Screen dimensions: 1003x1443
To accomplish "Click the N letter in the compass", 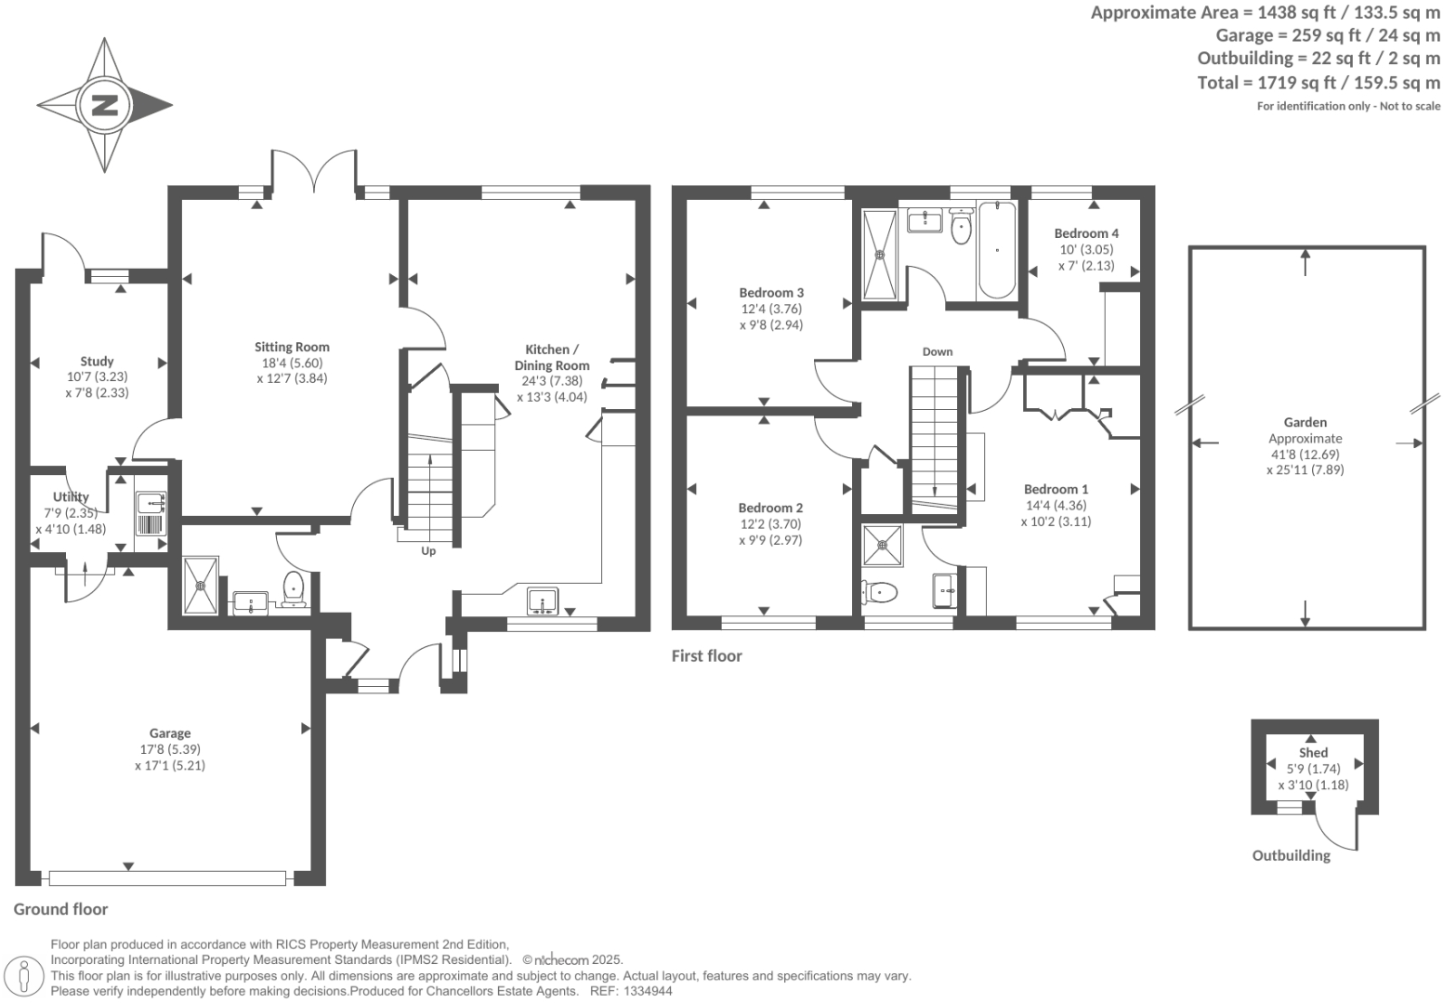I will click(104, 104).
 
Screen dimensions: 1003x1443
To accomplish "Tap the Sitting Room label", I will click(292, 347).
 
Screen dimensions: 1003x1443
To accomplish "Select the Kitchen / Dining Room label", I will click(552, 357).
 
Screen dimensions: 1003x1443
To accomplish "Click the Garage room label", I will click(169, 733).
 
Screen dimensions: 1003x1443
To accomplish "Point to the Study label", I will click(97, 361).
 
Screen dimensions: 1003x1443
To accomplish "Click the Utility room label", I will click(71, 496).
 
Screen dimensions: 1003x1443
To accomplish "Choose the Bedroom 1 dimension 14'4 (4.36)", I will click(1056, 506).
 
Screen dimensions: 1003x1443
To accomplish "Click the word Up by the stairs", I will click(428, 551).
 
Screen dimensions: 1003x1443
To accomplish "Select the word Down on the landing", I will click(938, 351).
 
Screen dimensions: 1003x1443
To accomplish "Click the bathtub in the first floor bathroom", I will click(997, 248).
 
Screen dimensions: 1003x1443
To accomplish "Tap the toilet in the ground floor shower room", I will click(294, 588).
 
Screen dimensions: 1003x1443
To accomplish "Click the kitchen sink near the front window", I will click(542, 600).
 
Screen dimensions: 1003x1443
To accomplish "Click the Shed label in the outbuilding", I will click(1313, 752).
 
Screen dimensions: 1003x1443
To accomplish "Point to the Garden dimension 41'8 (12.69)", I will click(1305, 455).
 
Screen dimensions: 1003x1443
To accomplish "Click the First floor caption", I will click(707, 656).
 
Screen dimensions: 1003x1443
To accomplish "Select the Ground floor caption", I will click(61, 909).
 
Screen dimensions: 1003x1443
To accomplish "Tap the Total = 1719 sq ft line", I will click(1318, 83).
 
